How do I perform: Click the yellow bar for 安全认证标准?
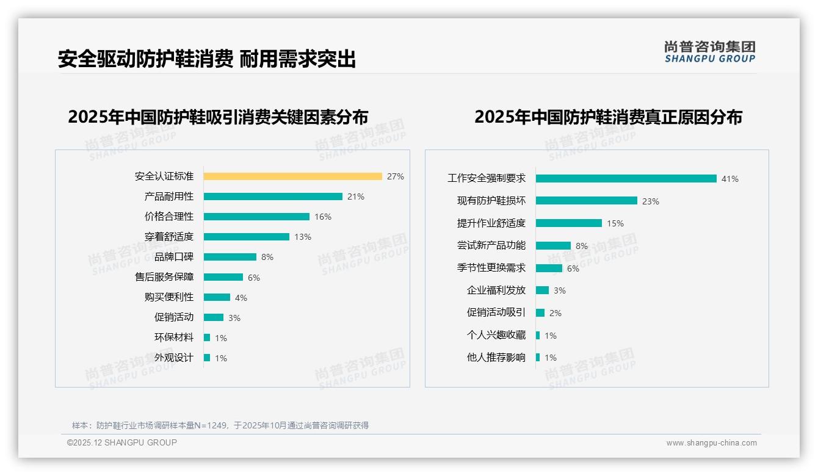click(x=293, y=176)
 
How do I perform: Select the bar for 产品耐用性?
click(x=273, y=197)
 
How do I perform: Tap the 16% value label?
click(x=323, y=217)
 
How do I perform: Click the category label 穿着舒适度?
click(x=169, y=237)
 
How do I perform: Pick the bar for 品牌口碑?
click(x=230, y=257)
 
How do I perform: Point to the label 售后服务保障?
click(x=164, y=277)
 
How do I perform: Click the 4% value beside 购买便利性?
click(x=241, y=298)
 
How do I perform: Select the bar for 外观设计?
click(x=207, y=358)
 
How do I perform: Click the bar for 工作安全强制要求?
click(x=626, y=179)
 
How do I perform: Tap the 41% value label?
click(x=730, y=179)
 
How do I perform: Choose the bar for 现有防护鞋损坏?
click(x=587, y=201)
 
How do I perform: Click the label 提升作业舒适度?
click(x=491, y=223)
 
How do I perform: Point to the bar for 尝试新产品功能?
click(x=553, y=246)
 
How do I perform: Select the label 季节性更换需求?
click(x=491, y=268)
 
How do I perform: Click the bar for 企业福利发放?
click(x=542, y=290)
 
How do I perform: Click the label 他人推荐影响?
click(x=496, y=358)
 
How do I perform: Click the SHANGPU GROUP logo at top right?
click(x=710, y=51)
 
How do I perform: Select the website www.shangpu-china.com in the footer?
click(x=711, y=443)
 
